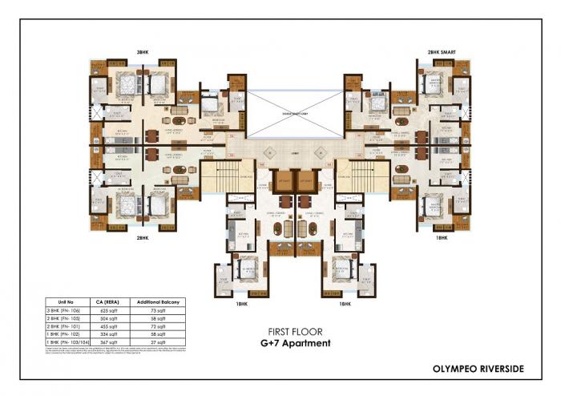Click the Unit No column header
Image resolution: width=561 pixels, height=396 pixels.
point(66,301)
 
